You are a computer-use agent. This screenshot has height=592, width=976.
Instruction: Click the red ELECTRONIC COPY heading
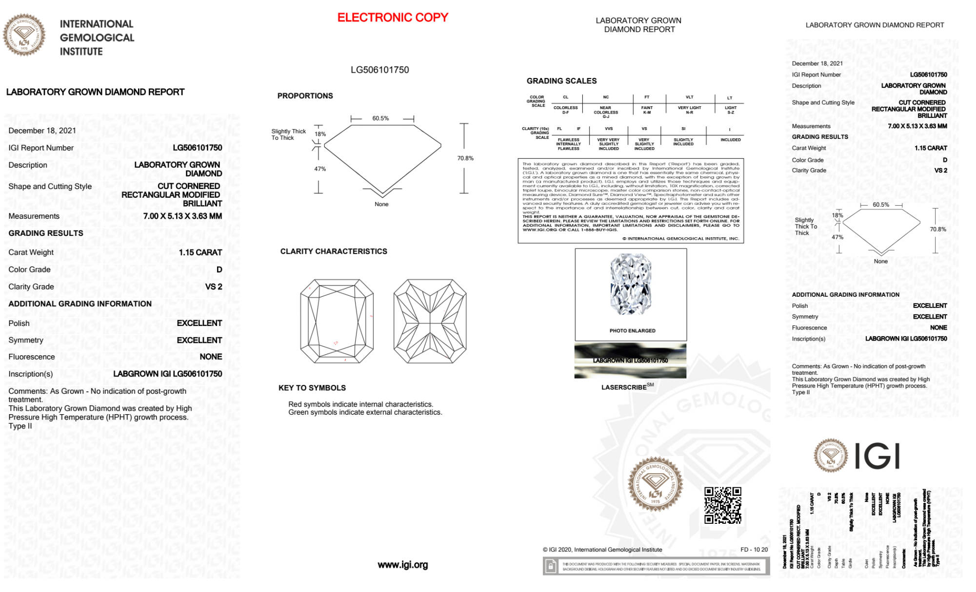(393, 18)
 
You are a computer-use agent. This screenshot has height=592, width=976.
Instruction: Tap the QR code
(722, 505)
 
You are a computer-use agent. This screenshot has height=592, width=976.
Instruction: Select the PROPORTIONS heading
(305, 96)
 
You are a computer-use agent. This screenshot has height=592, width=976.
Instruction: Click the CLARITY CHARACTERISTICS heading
(334, 251)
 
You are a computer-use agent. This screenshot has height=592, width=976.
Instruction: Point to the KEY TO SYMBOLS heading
(312, 388)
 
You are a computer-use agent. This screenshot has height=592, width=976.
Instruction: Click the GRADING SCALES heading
(561, 81)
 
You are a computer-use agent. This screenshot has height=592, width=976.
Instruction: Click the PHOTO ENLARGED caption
(632, 331)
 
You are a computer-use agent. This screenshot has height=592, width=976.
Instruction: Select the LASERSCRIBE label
(624, 387)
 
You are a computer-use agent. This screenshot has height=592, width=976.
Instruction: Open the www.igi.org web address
(402, 565)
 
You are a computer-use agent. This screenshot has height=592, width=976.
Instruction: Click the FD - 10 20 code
(754, 550)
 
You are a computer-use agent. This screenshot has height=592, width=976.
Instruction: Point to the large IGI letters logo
(877, 456)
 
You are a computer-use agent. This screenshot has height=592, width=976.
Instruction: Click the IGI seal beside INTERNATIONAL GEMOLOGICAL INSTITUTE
(24, 35)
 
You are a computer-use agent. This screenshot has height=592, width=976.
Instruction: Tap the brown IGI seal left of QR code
(655, 483)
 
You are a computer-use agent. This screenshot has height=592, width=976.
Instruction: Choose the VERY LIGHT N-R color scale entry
(689, 110)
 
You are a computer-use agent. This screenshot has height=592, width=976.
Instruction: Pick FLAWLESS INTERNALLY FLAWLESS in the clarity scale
(569, 144)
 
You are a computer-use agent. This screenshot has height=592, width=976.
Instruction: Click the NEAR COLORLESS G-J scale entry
(605, 112)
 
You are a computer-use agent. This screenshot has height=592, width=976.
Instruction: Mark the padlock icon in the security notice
(551, 567)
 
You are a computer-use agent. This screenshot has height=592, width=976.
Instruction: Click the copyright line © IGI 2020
(602, 550)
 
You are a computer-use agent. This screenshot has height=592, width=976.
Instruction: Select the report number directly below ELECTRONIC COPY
(379, 70)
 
